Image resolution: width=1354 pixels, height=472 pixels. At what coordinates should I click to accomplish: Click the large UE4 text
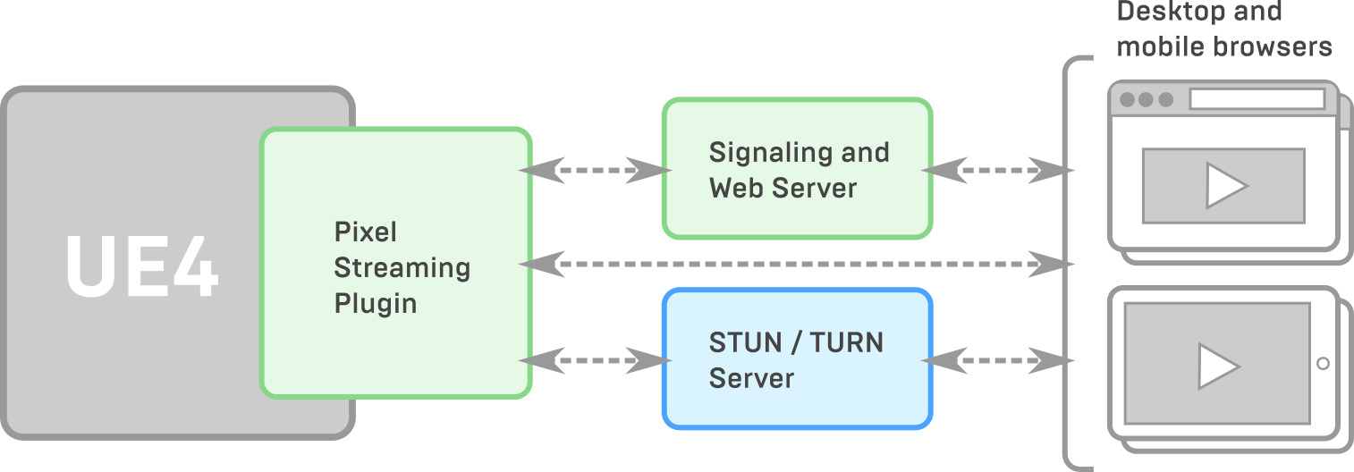tap(142, 267)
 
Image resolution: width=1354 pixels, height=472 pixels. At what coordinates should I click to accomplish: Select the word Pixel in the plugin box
tap(365, 232)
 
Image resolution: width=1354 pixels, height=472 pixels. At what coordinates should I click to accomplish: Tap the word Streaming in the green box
tap(402, 268)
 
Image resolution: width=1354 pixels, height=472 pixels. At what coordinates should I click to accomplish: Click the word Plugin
tap(376, 304)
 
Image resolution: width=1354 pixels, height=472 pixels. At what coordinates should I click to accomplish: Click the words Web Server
tap(783, 189)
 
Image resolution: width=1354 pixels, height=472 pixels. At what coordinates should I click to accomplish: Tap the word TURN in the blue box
tap(846, 342)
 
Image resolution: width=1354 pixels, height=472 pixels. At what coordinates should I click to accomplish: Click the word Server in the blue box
tap(751, 378)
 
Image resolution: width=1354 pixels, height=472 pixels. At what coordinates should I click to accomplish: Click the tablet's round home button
tap(1323, 363)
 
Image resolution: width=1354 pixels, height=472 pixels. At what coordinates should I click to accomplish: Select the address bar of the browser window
tap(1256, 99)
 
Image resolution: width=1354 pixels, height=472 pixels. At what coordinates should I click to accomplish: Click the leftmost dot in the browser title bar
tap(1127, 99)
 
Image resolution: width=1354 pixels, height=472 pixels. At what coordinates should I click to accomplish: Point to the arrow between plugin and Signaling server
tap(595, 169)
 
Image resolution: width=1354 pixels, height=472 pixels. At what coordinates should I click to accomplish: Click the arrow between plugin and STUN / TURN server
tap(595, 361)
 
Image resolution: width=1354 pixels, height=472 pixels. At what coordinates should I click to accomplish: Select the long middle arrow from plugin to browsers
tap(796, 264)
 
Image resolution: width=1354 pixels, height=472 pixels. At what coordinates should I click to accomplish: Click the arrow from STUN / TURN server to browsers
tap(996, 361)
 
